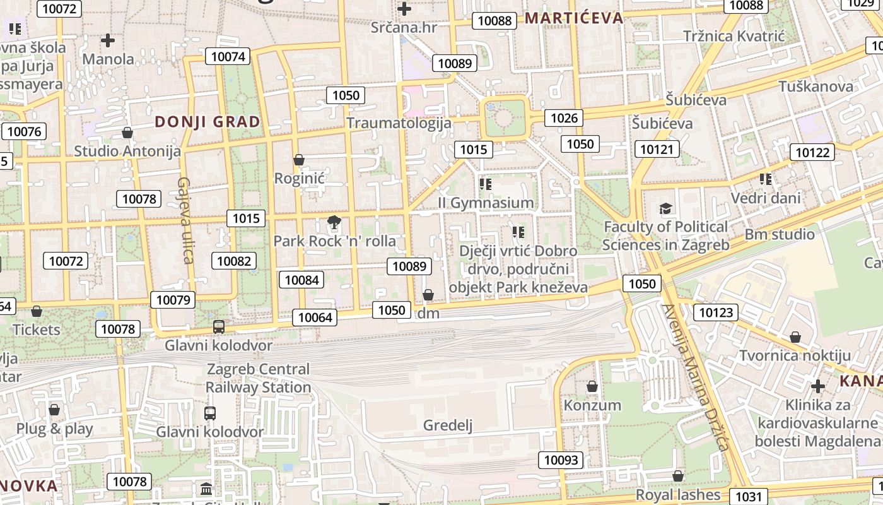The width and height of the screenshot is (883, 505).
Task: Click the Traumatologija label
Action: click(x=399, y=122)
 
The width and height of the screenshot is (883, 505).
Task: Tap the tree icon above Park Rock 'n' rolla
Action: click(x=334, y=222)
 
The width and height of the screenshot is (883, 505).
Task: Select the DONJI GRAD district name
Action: click(x=208, y=122)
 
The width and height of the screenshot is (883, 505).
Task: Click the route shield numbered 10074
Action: click(x=228, y=56)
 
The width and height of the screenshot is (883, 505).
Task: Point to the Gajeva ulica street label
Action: click(x=184, y=220)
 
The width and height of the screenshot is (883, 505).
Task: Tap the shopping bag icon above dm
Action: click(x=428, y=295)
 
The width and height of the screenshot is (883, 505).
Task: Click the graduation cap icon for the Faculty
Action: click(x=665, y=208)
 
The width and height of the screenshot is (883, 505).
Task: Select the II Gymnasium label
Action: click(x=486, y=203)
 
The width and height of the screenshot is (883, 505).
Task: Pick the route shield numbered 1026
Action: click(x=564, y=117)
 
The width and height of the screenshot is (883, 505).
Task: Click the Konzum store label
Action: click(x=592, y=405)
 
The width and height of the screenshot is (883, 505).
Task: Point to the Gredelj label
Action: click(x=448, y=425)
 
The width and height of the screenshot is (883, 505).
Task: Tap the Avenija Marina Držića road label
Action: click(x=695, y=377)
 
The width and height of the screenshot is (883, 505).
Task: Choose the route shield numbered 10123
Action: click(x=716, y=312)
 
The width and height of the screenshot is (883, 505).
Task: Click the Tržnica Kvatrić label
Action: click(x=734, y=36)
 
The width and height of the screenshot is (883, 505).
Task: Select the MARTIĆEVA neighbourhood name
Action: click(x=574, y=18)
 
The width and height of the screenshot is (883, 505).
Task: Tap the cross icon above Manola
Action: click(x=108, y=41)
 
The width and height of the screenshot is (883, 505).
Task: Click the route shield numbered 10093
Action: click(x=561, y=460)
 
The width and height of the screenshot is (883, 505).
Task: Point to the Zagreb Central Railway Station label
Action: click(x=259, y=377)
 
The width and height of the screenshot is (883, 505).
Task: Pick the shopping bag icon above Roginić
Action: click(x=299, y=160)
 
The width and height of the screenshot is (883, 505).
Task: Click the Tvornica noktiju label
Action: click(x=795, y=355)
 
